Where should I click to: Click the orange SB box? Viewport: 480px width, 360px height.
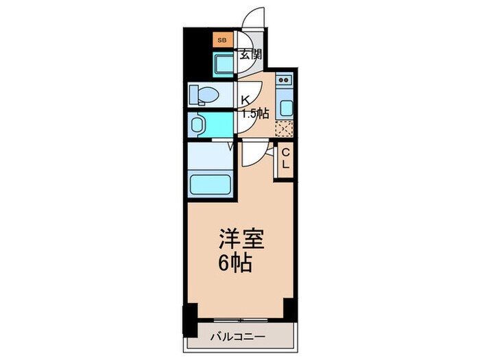tap(221, 40)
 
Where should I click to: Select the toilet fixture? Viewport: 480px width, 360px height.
tap(203, 93)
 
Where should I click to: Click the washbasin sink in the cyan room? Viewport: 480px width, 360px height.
tap(199, 124)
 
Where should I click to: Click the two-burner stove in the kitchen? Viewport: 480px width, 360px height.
tap(284, 84)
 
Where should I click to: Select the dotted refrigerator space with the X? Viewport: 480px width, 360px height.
tap(284, 128)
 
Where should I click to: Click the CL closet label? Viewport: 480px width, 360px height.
tap(285, 159)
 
